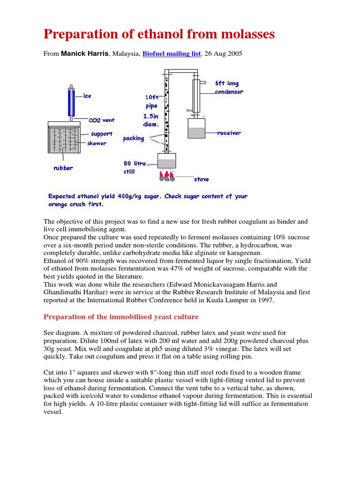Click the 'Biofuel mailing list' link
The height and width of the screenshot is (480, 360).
click(x=172, y=54)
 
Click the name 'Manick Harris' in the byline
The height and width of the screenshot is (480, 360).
click(x=84, y=54)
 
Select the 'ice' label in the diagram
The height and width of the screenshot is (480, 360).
click(x=87, y=96)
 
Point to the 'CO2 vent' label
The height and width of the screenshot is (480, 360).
click(x=101, y=120)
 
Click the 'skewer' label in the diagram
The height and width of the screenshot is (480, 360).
click(x=97, y=143)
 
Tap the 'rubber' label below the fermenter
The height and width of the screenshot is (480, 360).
click(x=63, y=168)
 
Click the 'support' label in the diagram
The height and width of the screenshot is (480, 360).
click(x=101, y=134)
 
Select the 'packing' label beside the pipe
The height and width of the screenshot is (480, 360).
click(x=133, y=138)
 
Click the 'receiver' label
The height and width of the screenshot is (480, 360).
click(x=229, y=133)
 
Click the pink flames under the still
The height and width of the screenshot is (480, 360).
click(x=167, y=176)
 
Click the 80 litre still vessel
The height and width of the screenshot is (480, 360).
click(x=166, y=161)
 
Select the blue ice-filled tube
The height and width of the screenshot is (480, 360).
click(x=71, y=102)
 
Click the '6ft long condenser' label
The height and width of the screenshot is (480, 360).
click(x=229, y=88)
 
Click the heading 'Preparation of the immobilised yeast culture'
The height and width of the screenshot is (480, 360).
click(x=121, y=317)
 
